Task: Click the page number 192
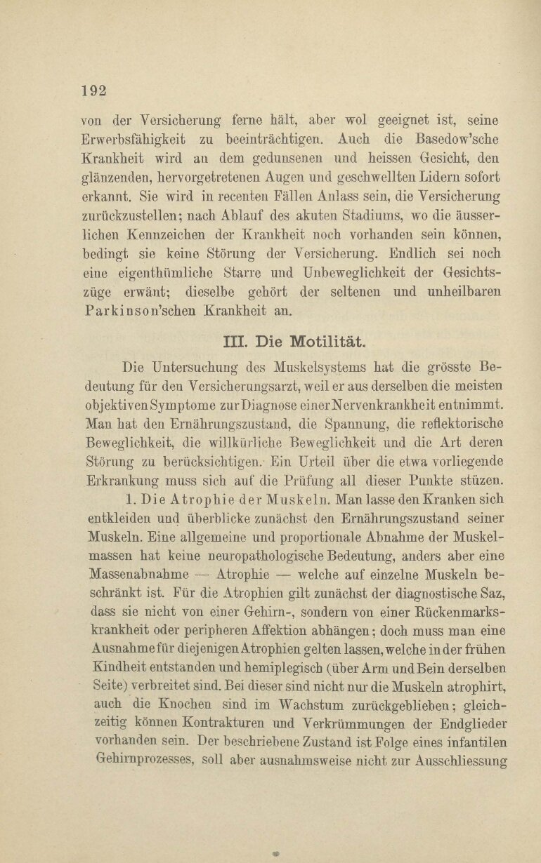pos(93,90)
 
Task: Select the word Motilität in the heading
pos(325,342)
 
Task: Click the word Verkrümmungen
pos(359,723)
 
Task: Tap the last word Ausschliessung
pos(462,761)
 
